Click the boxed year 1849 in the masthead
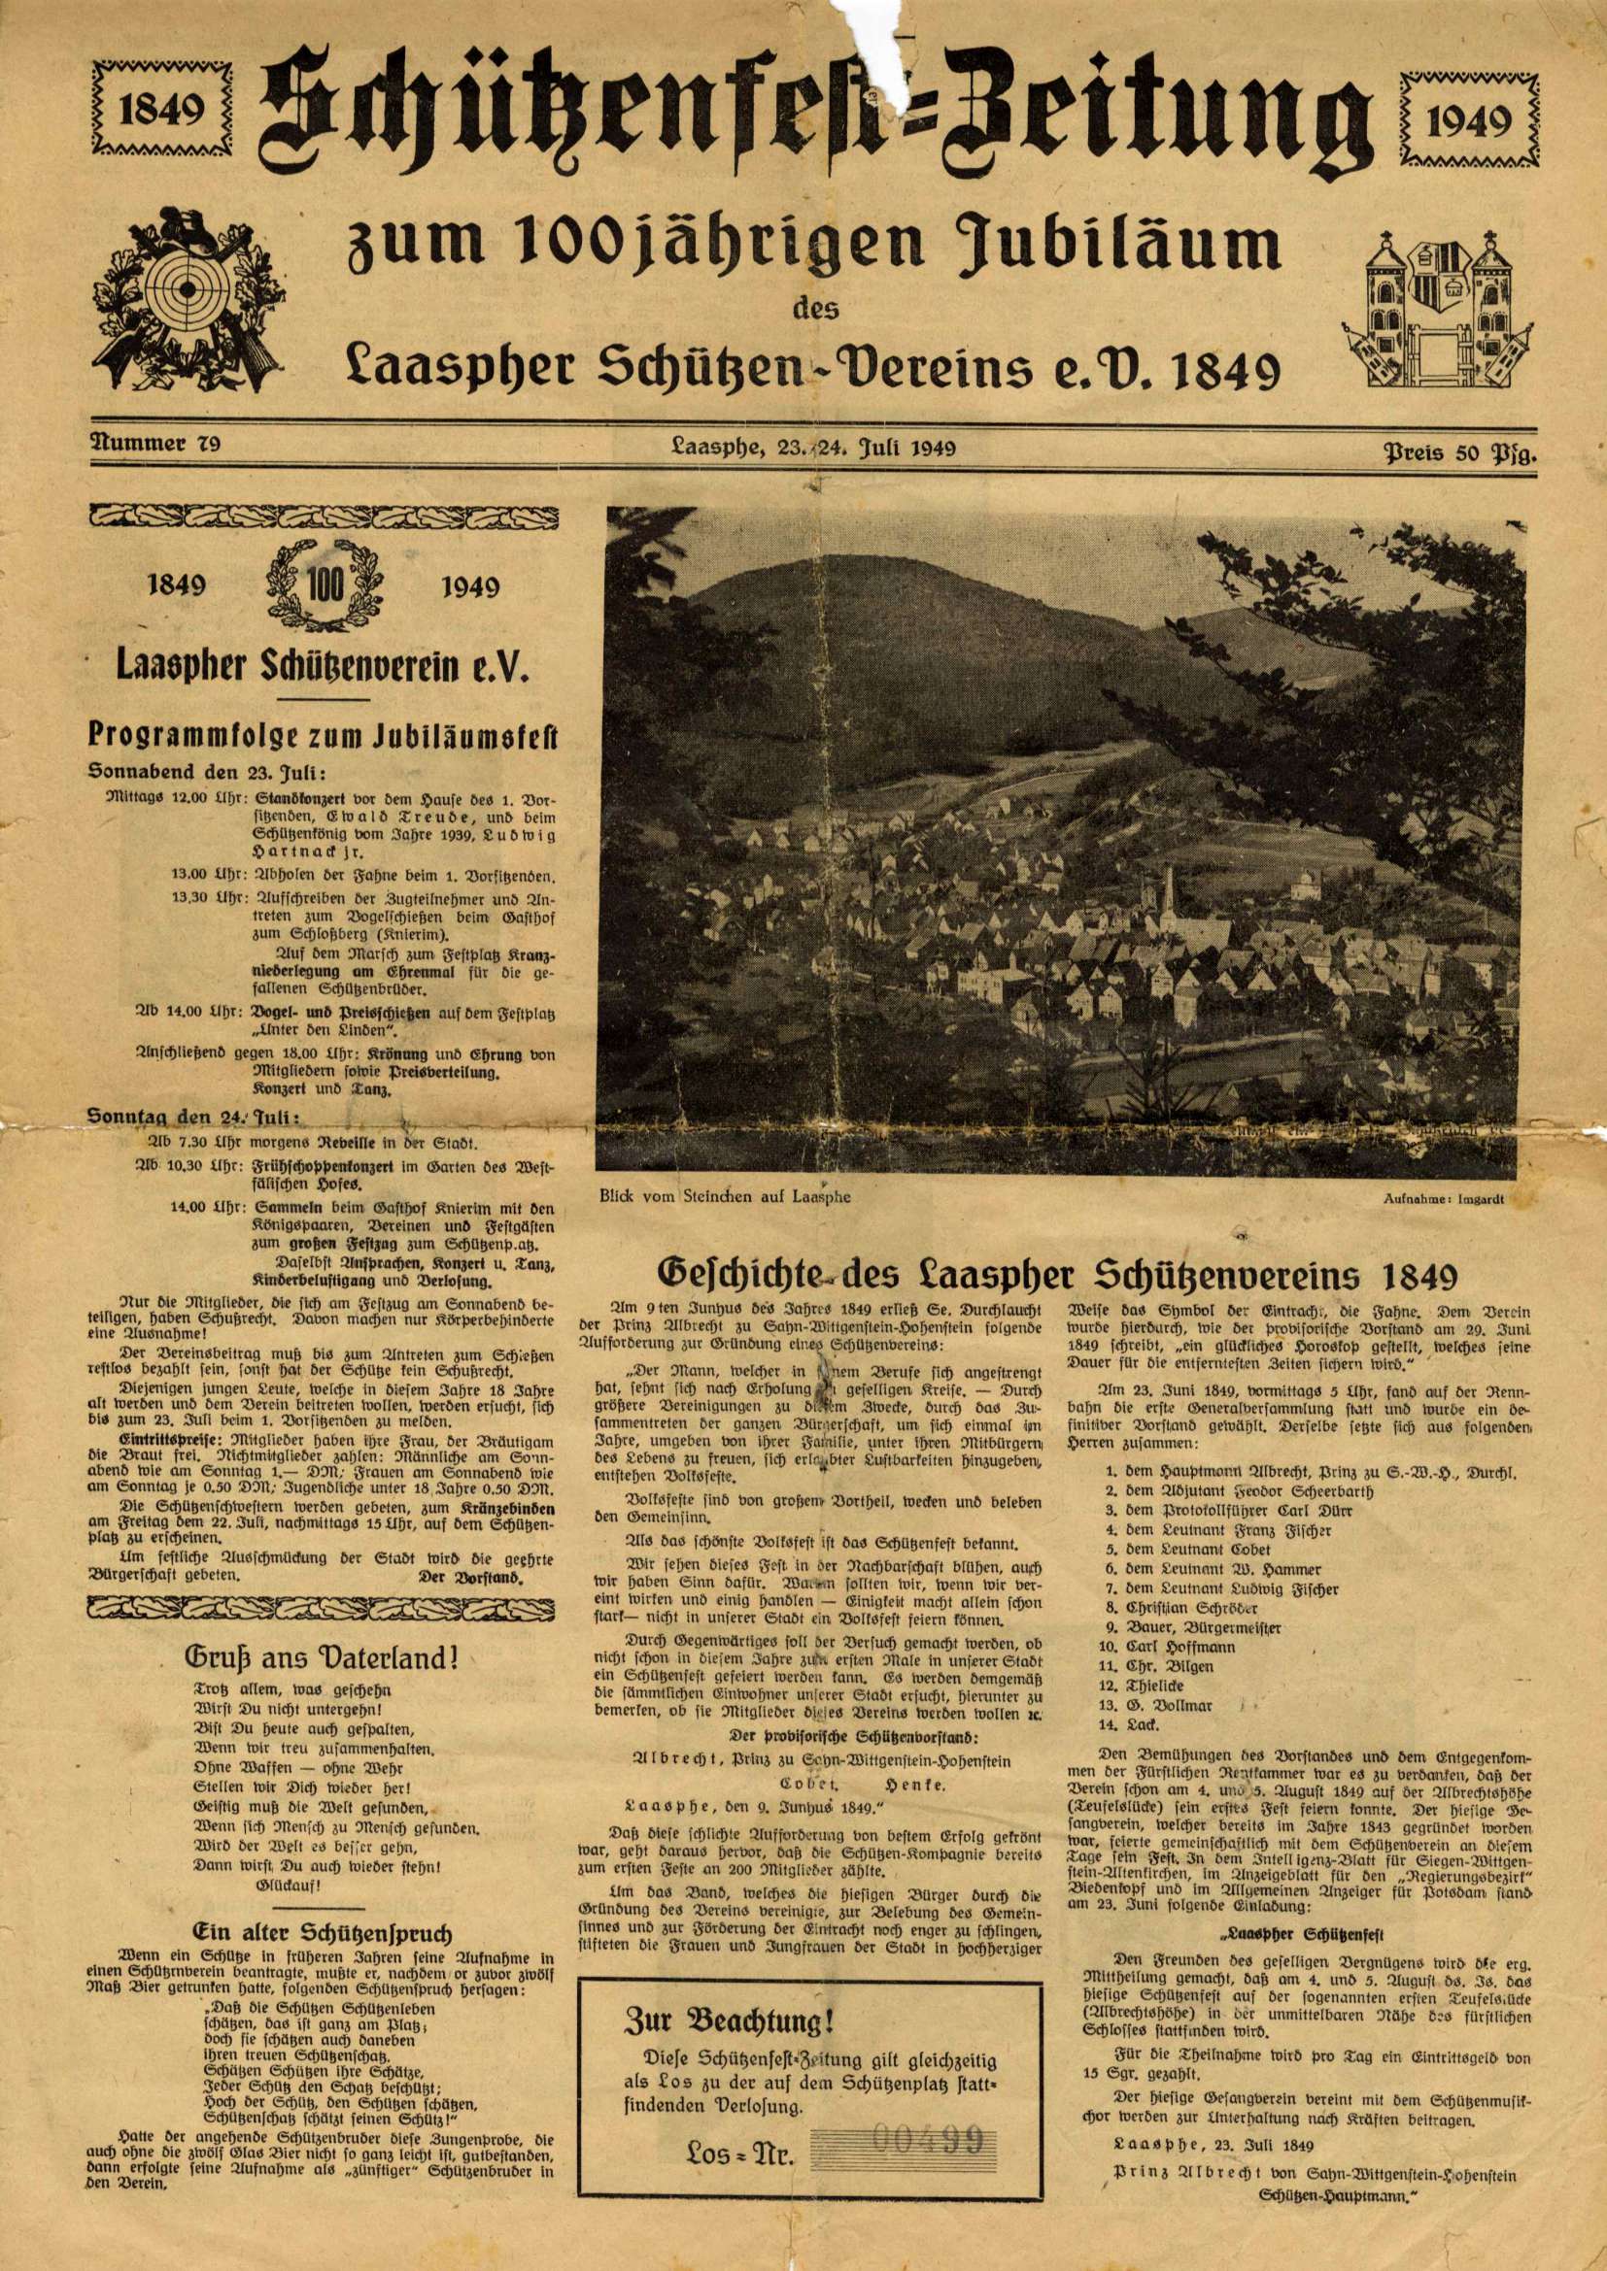point(162,110)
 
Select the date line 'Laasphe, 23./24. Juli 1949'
point(812,447)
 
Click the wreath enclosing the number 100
point(325,584)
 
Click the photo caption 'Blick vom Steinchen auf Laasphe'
point(725,1196)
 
